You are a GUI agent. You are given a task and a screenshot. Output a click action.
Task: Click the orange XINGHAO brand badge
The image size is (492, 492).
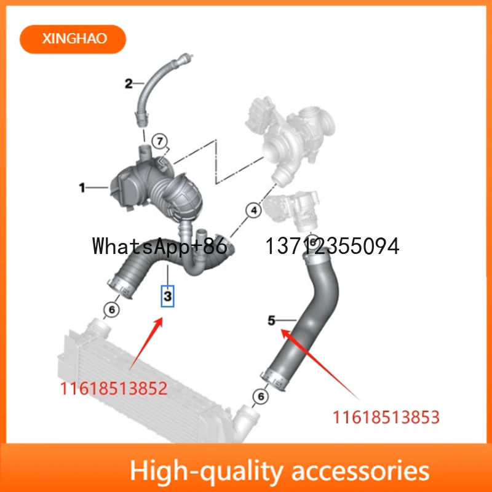click(x=73, y=39)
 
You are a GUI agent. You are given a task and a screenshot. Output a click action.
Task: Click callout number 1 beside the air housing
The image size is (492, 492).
click(x=82, y=188)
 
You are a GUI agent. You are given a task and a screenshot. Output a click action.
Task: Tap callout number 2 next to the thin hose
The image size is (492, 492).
click(x=129, y=84)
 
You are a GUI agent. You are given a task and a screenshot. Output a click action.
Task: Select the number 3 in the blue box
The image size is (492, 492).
click(x=167, y=296)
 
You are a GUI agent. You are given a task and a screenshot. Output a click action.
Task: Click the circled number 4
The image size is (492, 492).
click(x=254, y=210)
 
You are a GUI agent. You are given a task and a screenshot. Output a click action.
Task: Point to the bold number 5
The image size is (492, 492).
click(x=272, y=320)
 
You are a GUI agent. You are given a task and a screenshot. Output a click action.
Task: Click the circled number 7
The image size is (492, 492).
click(x=160, y=141)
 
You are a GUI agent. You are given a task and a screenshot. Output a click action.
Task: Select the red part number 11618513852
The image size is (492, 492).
click(x=114, y=389)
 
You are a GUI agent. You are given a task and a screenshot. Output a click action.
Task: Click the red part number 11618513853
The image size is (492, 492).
click(x=386, y=418)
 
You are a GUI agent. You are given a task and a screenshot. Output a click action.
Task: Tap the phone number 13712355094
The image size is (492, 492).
click(x=332, y=246)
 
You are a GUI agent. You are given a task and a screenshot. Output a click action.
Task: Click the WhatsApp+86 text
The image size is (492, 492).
click(x=160, y=246)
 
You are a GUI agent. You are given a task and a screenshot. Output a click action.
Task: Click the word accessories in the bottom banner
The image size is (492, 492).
click(x=360, y=471)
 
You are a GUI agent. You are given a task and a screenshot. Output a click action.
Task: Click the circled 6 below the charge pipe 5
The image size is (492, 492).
click(x=261, y=397)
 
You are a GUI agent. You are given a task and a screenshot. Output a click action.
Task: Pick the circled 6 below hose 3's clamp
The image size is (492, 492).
click(x=112, y=310)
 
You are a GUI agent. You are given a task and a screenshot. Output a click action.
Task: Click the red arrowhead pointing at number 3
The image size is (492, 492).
click(x=159, y=322)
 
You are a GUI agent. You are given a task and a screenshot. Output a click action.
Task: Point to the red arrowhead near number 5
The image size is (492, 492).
click(x=285, y=333)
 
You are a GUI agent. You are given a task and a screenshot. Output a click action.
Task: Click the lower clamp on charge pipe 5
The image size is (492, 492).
click(x=274, y=380)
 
